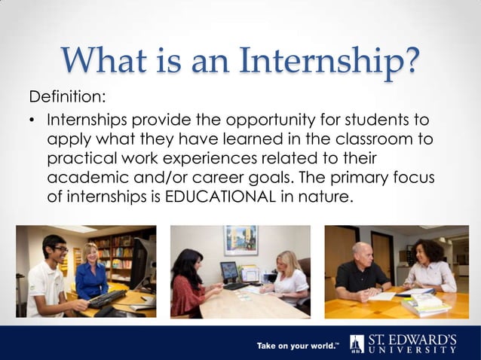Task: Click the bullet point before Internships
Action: tap(33, 121)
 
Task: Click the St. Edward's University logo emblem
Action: tap(357, 343)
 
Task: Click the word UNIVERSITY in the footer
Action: tap(412, 349)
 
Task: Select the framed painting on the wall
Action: tap(240, 240)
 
